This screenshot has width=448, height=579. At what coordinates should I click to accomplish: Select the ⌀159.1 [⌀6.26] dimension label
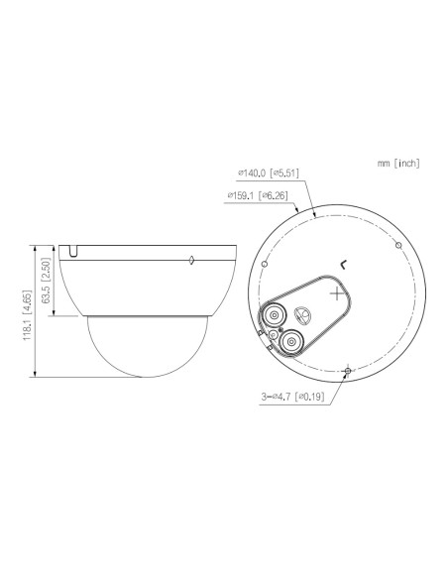(x=258, y=195)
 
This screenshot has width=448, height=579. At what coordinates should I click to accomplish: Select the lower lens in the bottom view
(x=292, y=341)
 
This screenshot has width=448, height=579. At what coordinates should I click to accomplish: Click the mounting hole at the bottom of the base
(x=348, y=372)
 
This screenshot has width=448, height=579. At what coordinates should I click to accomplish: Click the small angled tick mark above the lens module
(x=343, y=263)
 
